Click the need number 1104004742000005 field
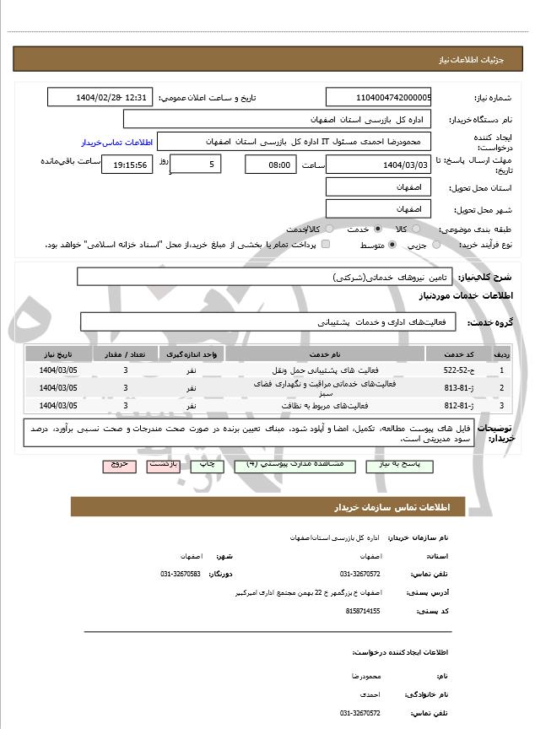(378, 98)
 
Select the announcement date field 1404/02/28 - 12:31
(100, 98)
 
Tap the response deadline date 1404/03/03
(378, 165)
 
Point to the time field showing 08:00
(270, 165)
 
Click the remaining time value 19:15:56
(127, 165)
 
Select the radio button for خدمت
(376, 229)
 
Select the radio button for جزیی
(436, 245)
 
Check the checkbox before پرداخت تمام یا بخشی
(326, 245)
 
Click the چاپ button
(205, 465)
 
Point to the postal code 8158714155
(363, 611)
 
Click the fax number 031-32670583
(180, 575)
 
